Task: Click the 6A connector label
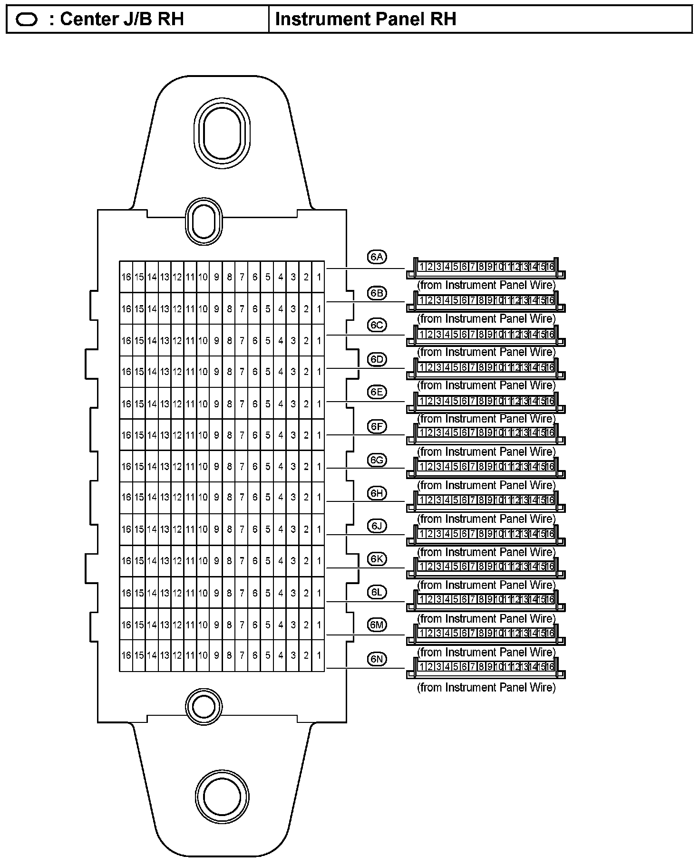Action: tap(377, 257)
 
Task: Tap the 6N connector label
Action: tap(377, 659)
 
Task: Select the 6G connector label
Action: tap(377, 460)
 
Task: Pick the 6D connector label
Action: tap(377, 359)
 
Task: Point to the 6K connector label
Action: tap(377, 559)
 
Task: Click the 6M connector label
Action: tap(377, 625)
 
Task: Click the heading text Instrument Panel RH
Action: tap(366, 19)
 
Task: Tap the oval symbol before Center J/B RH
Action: tap(27, 19)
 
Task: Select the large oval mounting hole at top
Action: tap(222, 133)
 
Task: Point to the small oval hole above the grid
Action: tap(204, 221)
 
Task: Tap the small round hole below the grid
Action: tap(204, 706)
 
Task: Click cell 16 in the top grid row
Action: tap(126, 277)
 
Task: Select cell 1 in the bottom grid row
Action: tap(319, 655)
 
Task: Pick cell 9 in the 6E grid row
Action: tap(216, 404)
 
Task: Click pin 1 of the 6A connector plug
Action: tap(422, 267)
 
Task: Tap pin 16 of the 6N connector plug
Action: tap(550, 667)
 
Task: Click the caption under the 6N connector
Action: tap(486, 687)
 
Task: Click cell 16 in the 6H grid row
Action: tap(126, 498)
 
